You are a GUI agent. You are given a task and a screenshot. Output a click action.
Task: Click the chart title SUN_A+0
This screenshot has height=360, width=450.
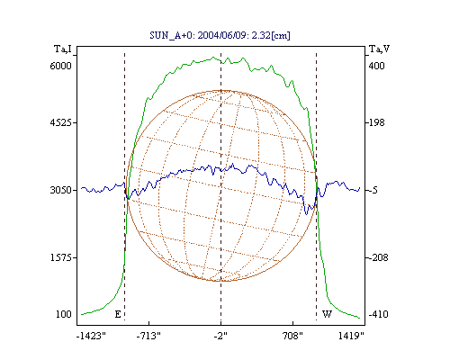[171, 36]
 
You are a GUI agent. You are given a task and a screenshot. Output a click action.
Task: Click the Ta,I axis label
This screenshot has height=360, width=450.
[63, 49]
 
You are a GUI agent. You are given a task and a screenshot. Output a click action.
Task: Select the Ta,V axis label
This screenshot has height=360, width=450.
[379, 49]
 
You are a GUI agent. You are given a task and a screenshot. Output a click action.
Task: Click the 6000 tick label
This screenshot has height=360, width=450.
[61, 66]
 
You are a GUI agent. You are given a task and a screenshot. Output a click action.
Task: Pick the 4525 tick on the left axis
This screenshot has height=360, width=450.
[61, 122]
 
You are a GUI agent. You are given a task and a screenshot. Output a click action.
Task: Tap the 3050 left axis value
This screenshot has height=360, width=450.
[61, 190]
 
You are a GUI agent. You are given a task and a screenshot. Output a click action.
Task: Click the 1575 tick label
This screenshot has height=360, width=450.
[61, 257]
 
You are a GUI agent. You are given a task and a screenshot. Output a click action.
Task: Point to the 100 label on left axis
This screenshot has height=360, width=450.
[64, 314]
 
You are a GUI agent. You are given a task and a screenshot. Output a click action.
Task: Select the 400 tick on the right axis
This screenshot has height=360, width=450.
[376, 66]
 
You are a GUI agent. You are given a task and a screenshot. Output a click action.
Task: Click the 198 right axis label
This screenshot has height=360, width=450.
[376, 122]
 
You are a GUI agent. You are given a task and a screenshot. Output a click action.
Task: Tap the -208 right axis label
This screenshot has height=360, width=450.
[378, 257]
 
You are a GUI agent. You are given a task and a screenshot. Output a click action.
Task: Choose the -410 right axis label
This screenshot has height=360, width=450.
[378, 314]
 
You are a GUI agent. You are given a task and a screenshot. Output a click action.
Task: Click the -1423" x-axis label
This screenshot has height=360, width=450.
[91, 336]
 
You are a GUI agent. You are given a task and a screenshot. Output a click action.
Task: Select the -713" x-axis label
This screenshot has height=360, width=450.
[148, 336]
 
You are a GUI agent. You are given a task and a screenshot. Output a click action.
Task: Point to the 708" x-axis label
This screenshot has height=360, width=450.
[292, 336]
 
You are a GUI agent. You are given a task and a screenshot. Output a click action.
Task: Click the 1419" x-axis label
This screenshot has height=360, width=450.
[351, 336]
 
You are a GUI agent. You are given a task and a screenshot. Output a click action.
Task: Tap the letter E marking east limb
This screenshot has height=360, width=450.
[118, 314]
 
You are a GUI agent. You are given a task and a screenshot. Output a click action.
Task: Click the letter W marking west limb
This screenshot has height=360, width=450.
[327, 314]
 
